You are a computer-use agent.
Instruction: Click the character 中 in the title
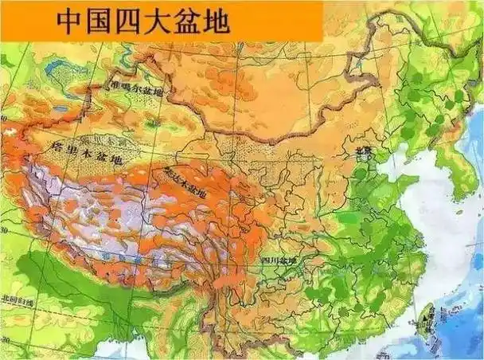68,22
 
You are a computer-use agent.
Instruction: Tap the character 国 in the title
101,22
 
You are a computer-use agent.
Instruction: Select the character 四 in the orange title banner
134,22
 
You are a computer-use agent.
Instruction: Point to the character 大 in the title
166,22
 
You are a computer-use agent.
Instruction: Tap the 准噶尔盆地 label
141,91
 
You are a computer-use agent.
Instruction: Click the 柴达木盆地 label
185,183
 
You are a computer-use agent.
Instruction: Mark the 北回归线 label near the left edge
18,299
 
